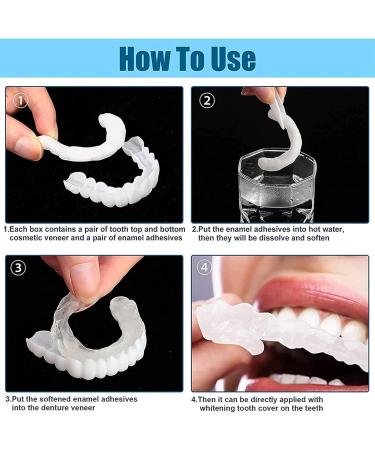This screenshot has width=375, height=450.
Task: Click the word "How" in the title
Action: coord(144,59)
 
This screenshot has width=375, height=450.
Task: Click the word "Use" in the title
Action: coord(234,59)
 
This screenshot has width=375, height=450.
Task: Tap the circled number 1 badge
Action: coord(21,101)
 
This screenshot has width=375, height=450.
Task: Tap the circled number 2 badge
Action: coord(207,100)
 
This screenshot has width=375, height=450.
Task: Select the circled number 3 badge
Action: coord(18,268)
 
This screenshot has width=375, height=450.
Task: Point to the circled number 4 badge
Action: coord(204,267)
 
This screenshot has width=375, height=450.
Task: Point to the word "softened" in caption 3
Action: coord(55,399)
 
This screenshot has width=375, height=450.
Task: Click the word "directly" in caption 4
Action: coord(264,399)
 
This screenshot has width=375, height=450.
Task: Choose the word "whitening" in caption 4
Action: coord(218,408)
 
